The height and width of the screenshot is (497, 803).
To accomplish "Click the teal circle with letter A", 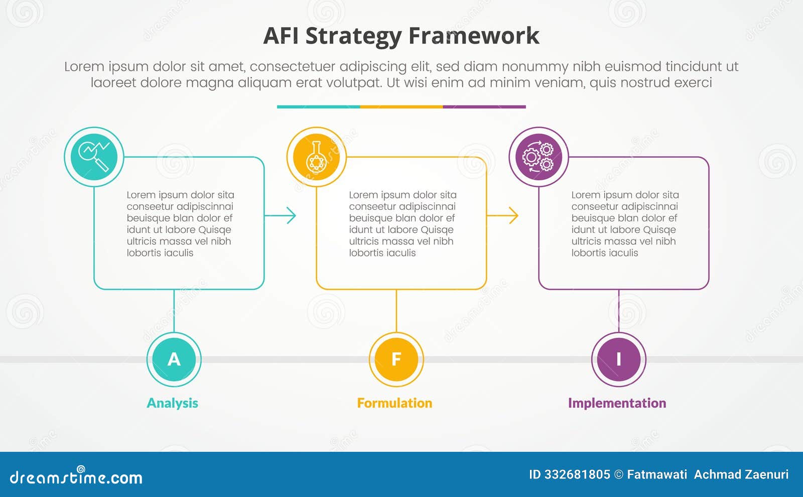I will [174, 359].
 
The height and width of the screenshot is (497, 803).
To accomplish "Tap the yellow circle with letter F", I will [396, 359].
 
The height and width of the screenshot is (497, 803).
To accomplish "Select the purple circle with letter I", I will [618, 359].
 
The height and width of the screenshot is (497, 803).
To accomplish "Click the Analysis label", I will [172, 403].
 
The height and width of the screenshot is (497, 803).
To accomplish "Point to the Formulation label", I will [394, 403].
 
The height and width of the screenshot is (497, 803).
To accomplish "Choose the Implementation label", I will [617, 403].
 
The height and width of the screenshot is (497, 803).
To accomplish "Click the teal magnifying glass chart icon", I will [94, 157].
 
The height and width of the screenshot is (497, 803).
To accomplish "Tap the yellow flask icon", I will [316, 157].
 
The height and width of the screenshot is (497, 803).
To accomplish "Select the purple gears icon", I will [539, 157].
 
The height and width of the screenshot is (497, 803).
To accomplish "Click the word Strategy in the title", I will [353, 36].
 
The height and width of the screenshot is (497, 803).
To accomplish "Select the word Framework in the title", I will [474, 36].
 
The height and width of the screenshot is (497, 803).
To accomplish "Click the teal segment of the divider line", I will [318, 107].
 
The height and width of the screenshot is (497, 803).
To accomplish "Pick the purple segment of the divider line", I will [484, 107].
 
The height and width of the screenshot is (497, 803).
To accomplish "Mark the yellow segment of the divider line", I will [401, 107].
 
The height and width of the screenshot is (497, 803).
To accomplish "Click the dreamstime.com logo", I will [76, 476].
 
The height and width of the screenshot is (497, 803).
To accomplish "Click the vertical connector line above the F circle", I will [396, 311].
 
